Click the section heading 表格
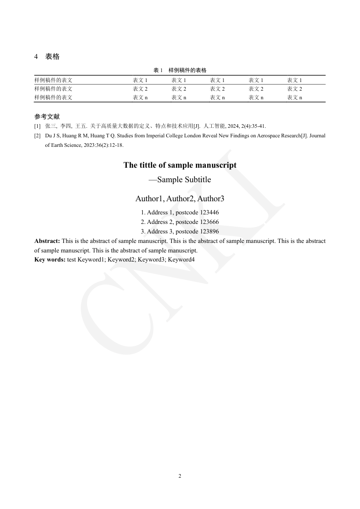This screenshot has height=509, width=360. click(x=52, y=57)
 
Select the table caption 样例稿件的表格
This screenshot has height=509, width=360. click(x=187, y=70)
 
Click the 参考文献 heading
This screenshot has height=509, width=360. click(x=47, y=116)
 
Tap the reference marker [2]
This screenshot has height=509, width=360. click(x=37, y=136)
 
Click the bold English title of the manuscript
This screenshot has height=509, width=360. click(x=180, y=165)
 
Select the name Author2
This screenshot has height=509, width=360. click(x=180, y=199)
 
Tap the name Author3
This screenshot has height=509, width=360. click(x=211, y=199)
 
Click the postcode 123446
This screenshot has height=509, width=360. click(x=209, y=212)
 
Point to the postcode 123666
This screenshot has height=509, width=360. click(x=209, y=222)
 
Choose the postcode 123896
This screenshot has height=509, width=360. click(x=209, y=231)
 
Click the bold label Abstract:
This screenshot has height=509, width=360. click(x=47, y=241)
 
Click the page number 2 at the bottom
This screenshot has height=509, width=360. click(x=180, y=476)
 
